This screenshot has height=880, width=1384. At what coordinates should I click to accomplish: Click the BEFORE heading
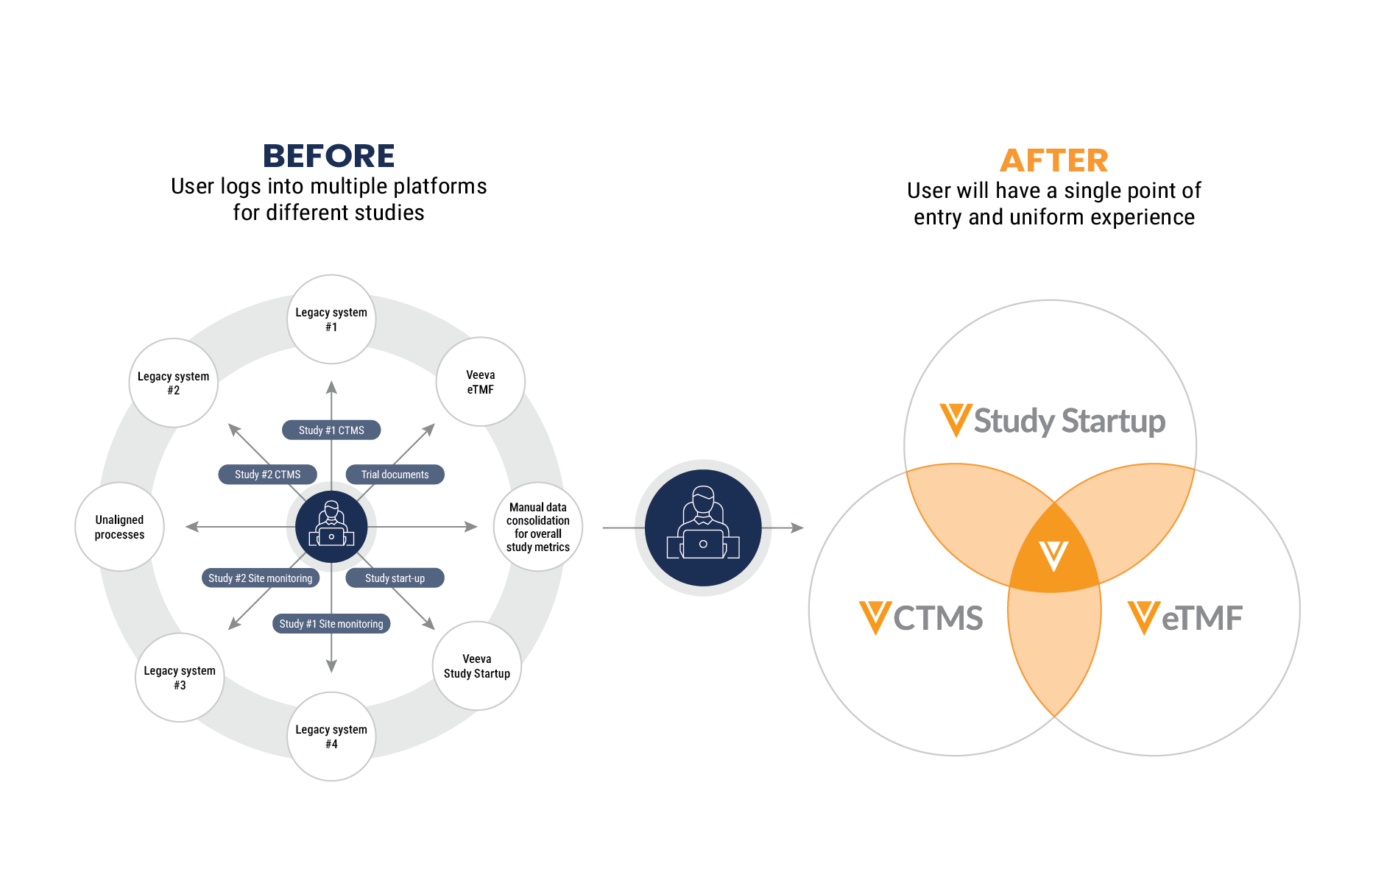click(329, 156)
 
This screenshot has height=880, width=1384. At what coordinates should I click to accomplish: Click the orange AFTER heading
click(1053, 160)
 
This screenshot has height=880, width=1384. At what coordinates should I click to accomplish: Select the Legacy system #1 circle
click(331, 319)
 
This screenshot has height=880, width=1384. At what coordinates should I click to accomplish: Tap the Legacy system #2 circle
click(174, 383)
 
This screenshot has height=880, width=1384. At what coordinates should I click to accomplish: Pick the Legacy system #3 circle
click(180, 678)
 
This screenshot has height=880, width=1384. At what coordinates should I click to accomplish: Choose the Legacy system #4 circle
click(331, 737)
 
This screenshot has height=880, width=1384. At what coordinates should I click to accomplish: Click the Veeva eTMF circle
click(481, 382)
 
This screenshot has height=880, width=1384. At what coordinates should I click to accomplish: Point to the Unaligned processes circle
click(119, 527)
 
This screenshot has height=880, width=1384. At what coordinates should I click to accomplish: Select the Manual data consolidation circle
click(538, 527)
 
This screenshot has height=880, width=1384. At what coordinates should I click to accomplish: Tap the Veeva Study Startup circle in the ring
click(477, 666)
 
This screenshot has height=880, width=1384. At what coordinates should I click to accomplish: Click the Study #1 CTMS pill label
click(331, 430)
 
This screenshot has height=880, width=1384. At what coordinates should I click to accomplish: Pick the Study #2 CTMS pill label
click(268, 475)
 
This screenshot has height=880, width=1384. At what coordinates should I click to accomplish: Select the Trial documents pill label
click(395, 475)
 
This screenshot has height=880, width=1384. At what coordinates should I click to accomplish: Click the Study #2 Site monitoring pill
click(261, 578)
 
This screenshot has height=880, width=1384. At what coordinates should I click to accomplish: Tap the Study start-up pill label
click(395, 578)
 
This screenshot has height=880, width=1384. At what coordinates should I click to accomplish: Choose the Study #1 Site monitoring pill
click(331, 624)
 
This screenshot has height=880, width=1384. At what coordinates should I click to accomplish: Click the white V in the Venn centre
click(1053, 556)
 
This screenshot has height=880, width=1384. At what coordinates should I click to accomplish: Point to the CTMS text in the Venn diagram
click(938, 618)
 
